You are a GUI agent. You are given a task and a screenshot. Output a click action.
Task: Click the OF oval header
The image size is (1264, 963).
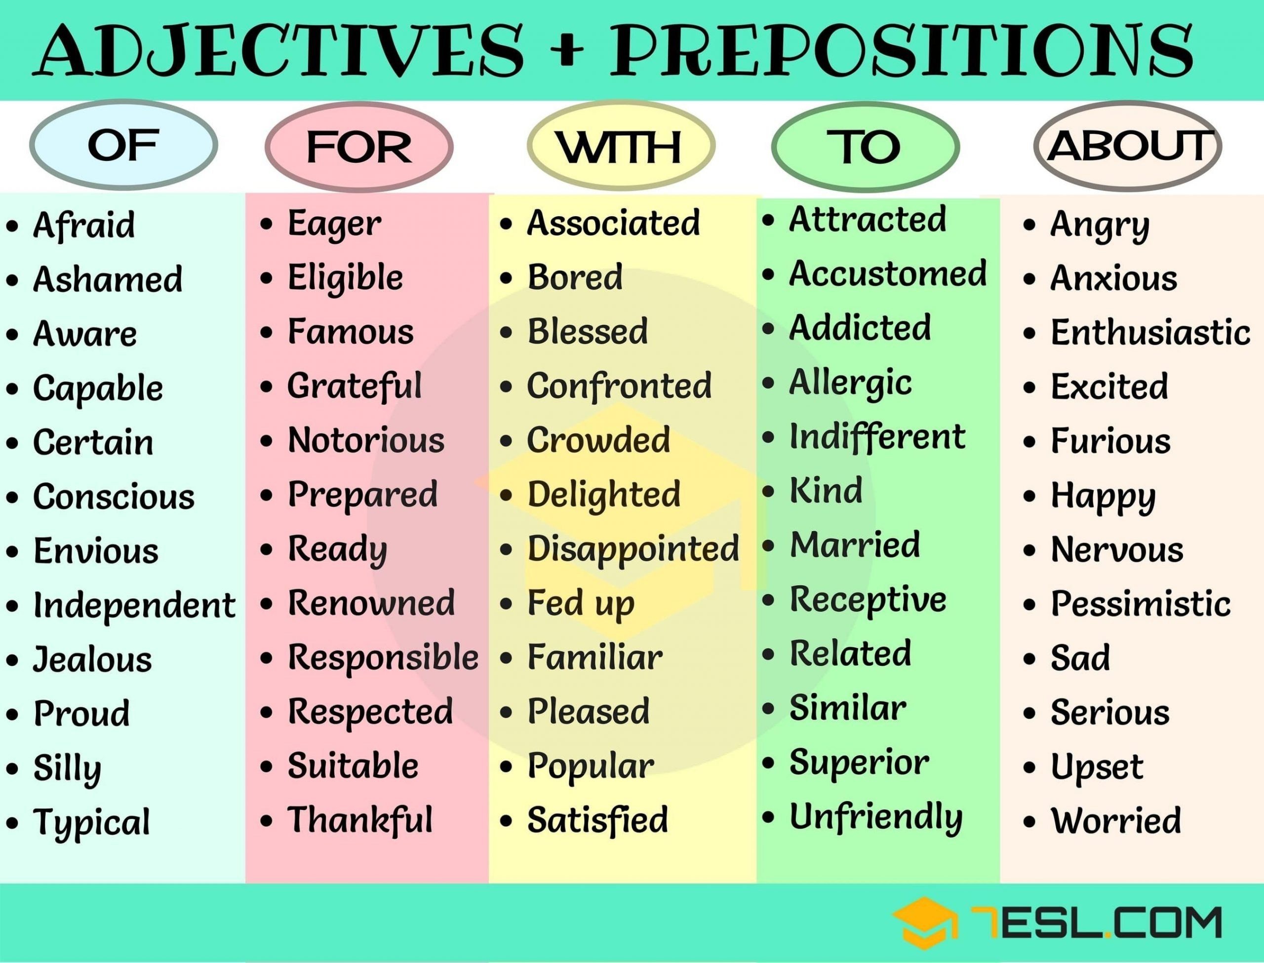click(123, 146)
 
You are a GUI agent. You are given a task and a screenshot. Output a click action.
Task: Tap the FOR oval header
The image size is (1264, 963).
click(359, 147)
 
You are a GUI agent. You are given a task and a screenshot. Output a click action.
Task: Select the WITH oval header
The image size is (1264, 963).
click(621, 147)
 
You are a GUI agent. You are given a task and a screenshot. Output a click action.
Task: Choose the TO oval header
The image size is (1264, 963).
click(866, 147)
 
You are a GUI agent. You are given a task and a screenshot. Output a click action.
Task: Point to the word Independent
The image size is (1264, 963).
click(134, 606)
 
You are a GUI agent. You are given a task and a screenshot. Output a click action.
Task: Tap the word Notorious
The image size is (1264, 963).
click(366, 440)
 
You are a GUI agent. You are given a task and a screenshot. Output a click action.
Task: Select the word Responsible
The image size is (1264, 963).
click(383, 657)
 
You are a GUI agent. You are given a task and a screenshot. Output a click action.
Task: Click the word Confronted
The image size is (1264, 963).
click(619, 386)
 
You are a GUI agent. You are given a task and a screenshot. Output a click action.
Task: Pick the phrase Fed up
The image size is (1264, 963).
click(581, 604)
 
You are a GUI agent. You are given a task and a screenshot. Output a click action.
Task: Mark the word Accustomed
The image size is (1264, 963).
click(888, 273)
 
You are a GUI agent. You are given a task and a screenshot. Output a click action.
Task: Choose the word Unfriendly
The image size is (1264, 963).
click(876, 818)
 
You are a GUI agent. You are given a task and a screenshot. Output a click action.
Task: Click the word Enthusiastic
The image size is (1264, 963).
click(1150, 333)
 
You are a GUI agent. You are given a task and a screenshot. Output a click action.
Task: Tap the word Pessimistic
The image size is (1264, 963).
click(1141, 604)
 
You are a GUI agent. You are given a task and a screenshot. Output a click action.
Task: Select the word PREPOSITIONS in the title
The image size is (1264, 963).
click(901, 50)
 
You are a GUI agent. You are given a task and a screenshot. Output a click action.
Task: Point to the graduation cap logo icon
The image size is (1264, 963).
click(925, 923)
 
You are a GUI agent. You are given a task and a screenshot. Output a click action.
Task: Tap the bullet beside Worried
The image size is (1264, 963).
click(1029, 821)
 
